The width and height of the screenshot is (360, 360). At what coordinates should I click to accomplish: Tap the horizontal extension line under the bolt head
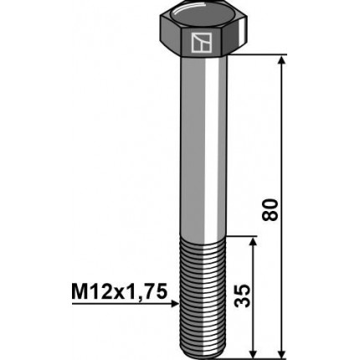251,56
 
